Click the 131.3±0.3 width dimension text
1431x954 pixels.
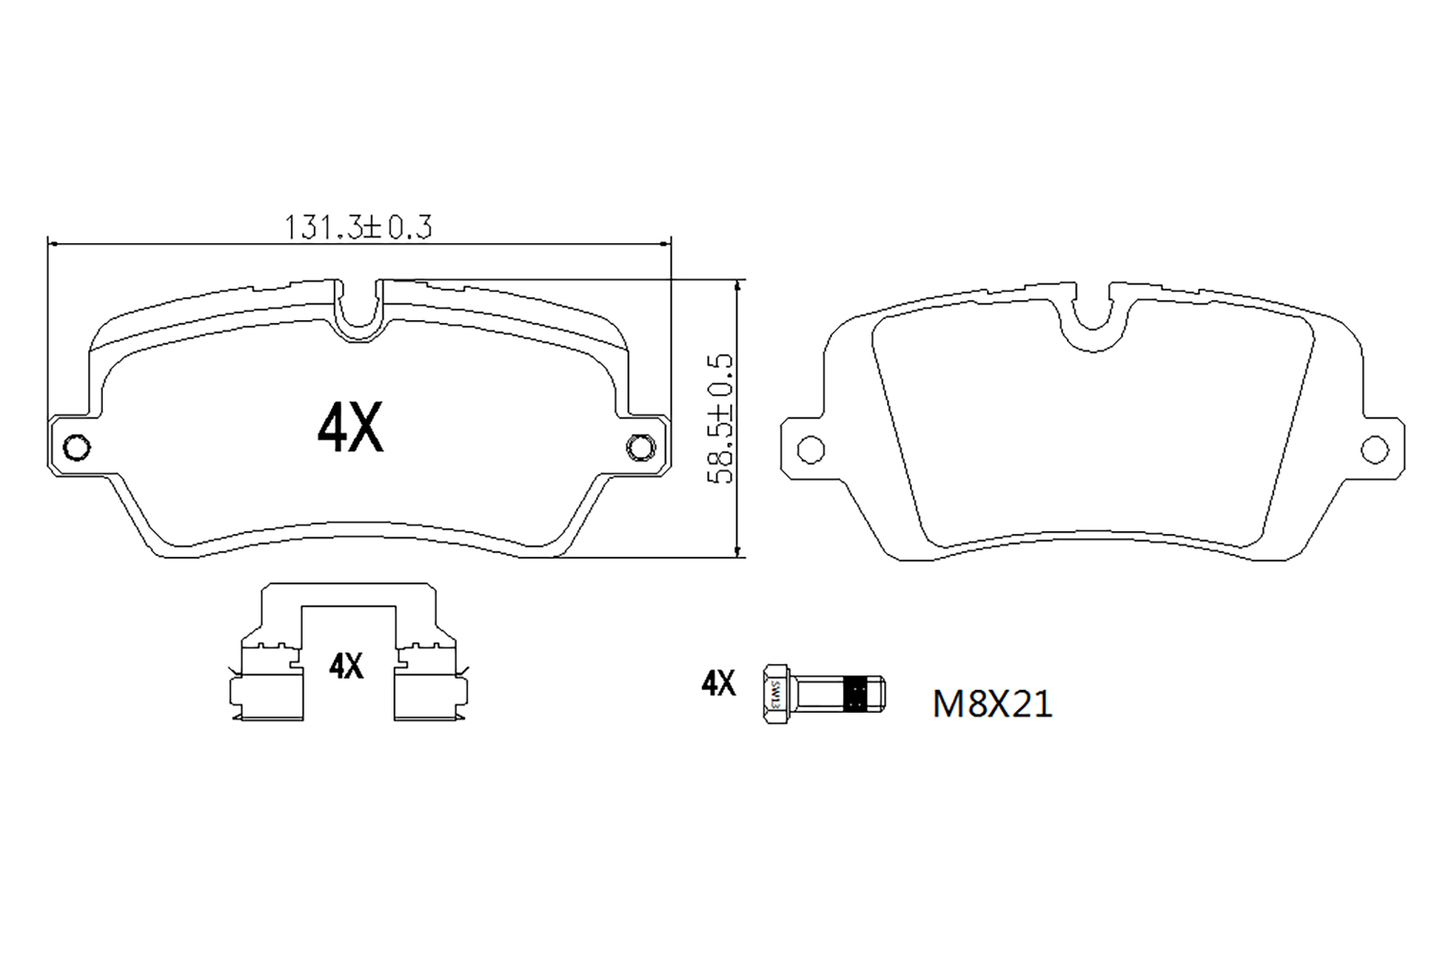coord(358,227)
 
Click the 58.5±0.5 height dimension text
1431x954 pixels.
coord(721,419)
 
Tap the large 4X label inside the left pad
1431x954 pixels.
coord(350,427)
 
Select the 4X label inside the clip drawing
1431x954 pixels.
coord(346,666)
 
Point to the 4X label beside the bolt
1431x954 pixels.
coord(718,683)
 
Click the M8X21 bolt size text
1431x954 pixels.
coord(993,704)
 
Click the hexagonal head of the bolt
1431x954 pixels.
coord(775,693)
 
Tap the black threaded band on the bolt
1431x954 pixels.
coord(857,693)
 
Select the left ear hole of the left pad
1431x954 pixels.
coord(77,448)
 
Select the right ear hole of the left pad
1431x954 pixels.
coord(641,448)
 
